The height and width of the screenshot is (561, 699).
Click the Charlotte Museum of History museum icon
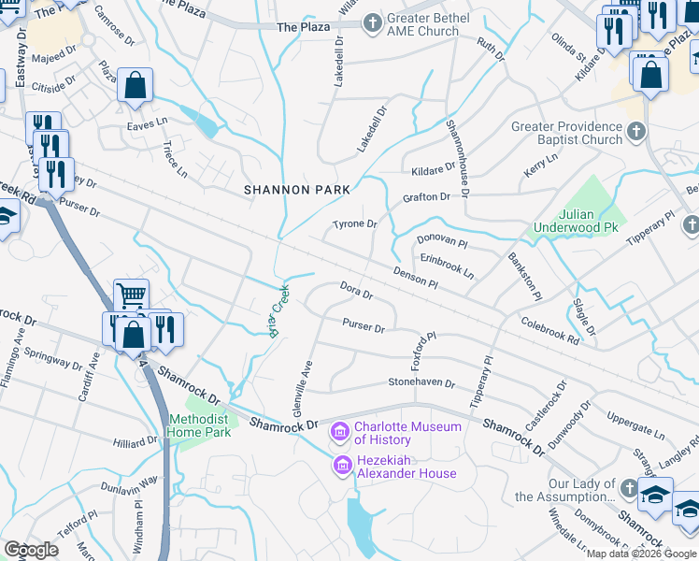[x=339, y=433]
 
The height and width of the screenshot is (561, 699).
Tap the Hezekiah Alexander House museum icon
[x=342, y=466]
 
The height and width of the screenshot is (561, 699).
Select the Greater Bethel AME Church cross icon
[x=372, y=22]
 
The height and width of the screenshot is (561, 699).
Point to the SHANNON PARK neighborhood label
[x=297, y=190]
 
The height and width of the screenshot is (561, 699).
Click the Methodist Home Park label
[x=198, y=425]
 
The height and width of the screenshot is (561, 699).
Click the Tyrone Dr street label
[x=355, y=224]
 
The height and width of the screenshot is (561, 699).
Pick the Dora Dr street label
[x=356, y=291]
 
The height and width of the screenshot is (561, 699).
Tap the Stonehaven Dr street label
[x=421, y=383]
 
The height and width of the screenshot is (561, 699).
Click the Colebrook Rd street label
[x=550, y=329]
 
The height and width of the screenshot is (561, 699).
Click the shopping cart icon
[x=131, y=295]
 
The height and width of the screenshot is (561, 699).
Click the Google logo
[x=32, y=549]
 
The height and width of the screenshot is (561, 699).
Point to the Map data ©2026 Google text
[x=639, y=554]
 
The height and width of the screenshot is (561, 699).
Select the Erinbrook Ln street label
[x=447, y=268]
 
